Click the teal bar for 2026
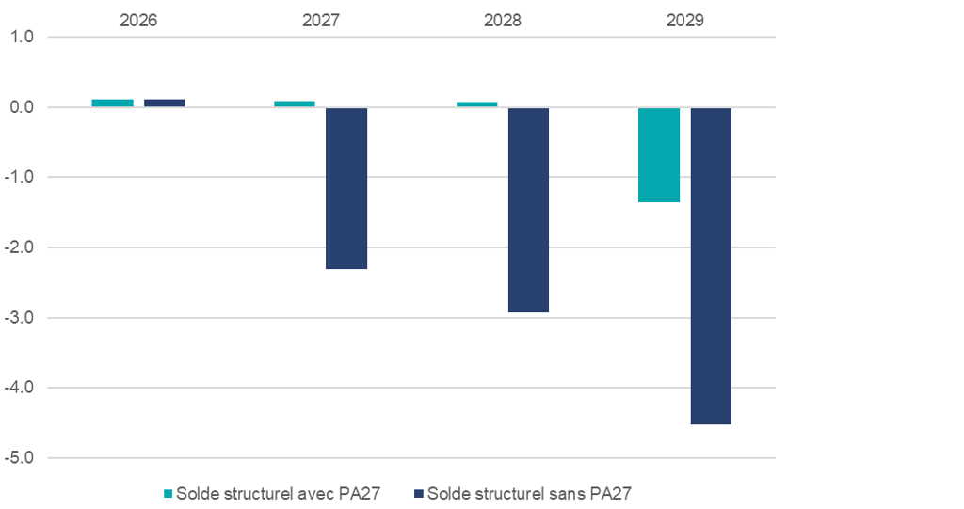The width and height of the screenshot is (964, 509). [x=112, y=103]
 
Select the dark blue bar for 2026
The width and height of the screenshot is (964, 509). [x=164, y=103]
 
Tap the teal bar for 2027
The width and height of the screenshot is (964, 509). [x=295, y=103]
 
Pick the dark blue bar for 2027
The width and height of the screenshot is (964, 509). [x=346, y=188]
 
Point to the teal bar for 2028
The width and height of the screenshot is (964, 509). [x=476, y=104]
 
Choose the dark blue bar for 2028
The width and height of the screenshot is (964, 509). [x=528, y=210]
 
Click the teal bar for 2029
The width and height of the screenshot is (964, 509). [x=659, y=155]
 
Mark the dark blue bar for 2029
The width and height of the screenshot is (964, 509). [x=711, y=266]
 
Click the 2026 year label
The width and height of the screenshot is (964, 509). [x=138, y=20]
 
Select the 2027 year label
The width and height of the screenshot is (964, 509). [x=321, y=20]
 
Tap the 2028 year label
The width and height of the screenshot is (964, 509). [x=503, y=20]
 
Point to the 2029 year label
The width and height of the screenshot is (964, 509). [x=685, y=20]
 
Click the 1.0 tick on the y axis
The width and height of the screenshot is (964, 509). [x=23, y=38]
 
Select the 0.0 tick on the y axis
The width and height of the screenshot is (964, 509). [x=23, y=107]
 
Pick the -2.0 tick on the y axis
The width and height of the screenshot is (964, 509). [x=21, y=247]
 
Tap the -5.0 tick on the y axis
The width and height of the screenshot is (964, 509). [x=21, y=458]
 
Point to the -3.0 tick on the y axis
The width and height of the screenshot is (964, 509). [x=21, y=318]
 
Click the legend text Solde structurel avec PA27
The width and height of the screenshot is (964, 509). [x=278, y=493]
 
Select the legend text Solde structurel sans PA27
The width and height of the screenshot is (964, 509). [x=528, y=493]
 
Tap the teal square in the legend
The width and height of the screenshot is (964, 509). [x=169, y=493]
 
